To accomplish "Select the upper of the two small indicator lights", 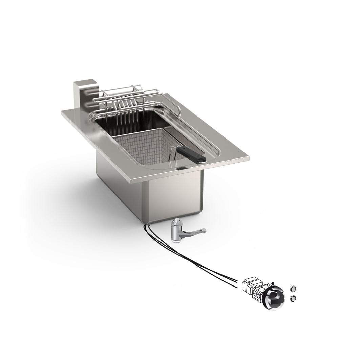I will pyautogui.click(x=293, y=289).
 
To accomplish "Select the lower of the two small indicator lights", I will pyautogui.click(x=293, y=298).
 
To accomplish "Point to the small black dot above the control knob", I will pyautogui.click(x=272, y=283).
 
